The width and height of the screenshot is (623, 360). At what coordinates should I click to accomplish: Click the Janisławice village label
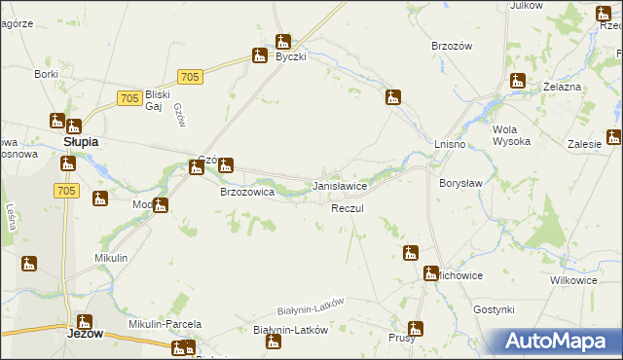339,185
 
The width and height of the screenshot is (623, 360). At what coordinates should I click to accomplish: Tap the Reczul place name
347,209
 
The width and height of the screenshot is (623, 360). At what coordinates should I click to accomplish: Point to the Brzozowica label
246,193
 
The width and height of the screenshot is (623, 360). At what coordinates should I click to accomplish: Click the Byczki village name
290,57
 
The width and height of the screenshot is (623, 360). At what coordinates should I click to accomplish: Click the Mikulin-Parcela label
165,323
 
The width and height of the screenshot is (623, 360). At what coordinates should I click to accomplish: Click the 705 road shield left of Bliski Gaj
128,98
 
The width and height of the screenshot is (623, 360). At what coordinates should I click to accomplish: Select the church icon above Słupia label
57,122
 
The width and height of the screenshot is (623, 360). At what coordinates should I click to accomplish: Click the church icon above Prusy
416,329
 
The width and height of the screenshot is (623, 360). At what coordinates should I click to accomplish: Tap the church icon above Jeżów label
85,321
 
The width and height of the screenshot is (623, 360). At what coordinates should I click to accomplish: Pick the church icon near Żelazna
517,82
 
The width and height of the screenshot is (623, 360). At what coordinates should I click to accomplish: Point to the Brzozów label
451,46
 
